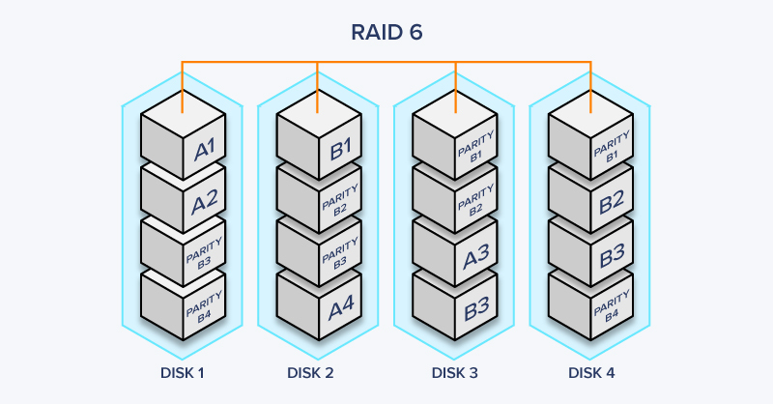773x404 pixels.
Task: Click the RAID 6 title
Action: tap(386, 32)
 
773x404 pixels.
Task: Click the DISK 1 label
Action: tap(182, 372)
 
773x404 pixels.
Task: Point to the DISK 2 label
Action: tap(318, 372)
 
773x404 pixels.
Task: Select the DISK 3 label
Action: tap(454, 372)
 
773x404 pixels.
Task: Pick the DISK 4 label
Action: tap(590, 372)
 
